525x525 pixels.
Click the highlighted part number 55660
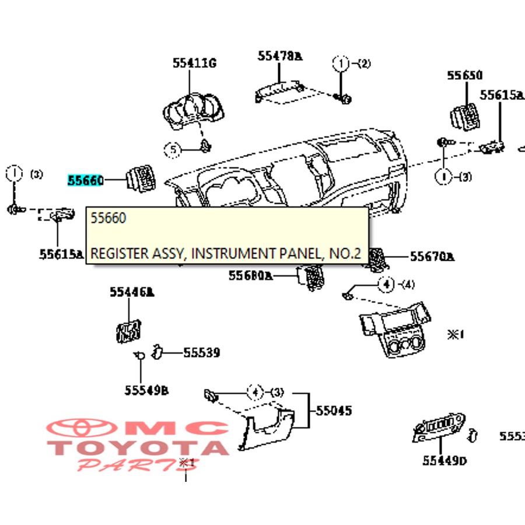point(85,181)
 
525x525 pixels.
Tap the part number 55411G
point(194,64)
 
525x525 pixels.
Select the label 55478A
point(280,56)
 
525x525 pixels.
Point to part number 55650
point(465,75)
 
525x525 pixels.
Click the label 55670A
point(432,257)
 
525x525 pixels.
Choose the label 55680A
point(251,275)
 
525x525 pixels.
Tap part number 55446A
point(132,293)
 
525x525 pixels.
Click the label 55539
point(201,352)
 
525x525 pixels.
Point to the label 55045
point(334,411)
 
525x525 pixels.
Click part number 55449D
point(445,461)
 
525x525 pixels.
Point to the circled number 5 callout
point(173,150)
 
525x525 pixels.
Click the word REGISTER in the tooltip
point(118,254)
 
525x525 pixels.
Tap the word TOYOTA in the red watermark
point(138,448)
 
